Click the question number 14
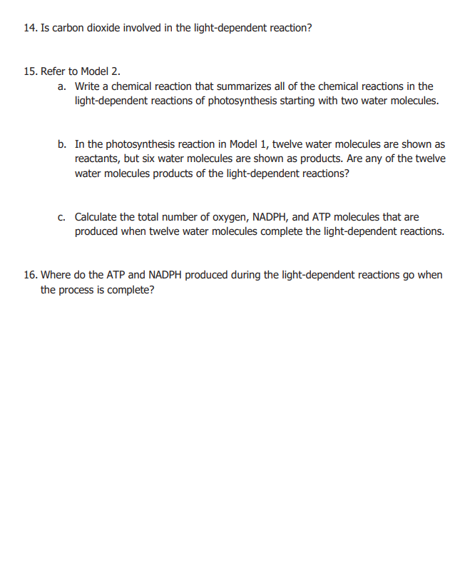30,28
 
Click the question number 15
30,71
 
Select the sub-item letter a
62,86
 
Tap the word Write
88,86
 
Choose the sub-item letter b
62,144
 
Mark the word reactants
98,159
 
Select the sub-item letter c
62,217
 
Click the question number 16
30,275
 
